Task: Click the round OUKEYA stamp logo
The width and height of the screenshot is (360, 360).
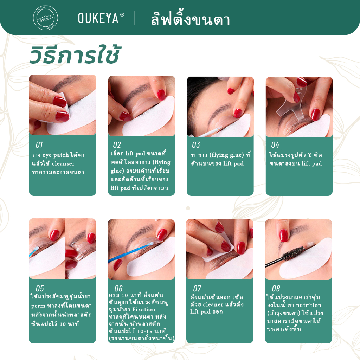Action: (45, 18)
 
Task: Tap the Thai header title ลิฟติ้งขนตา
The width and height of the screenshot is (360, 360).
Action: (190, 19)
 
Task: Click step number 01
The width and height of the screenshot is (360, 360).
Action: (39, 145)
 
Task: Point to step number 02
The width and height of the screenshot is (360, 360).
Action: (117, 145)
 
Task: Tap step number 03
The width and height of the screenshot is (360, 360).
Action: (196, 145)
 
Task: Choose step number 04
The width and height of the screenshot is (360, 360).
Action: (275, 145)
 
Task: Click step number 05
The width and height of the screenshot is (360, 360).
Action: (40, 288)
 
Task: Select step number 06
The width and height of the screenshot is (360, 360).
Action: (118, 288)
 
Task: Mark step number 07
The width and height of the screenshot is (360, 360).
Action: (197, 288)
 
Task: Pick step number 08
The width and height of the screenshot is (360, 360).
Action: (276, 288)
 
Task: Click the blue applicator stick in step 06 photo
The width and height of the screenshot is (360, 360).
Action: (130, 252)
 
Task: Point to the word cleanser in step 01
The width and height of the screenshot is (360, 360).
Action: (63, 164)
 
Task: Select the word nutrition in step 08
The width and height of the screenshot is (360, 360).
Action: (309, 306)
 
